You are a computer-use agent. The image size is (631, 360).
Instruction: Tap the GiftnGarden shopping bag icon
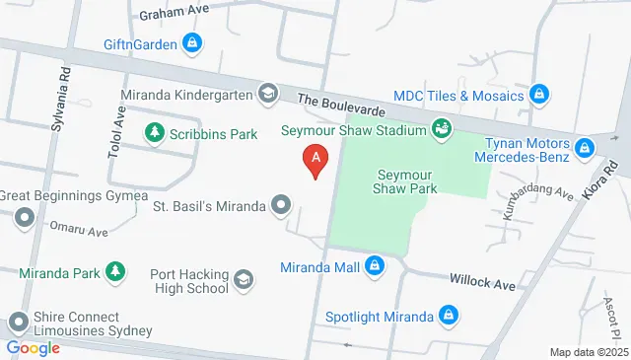coord(193,43)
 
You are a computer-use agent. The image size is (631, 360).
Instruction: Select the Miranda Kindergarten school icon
coord(266,95)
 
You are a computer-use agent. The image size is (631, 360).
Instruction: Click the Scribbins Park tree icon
coord(155,131)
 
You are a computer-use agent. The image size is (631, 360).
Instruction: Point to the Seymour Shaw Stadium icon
coord(443,129)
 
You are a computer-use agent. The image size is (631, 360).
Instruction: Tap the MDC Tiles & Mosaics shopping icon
coord(538,95)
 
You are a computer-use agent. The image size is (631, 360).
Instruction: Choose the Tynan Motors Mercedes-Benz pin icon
coord(585,148)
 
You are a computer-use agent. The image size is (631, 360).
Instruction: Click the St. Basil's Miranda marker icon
coord(281,206)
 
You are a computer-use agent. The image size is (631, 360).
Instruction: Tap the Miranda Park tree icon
coord(115,270)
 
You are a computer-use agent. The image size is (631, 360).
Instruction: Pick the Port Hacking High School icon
coord(244,281)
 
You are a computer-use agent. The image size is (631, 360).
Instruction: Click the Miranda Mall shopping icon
coord(375,265)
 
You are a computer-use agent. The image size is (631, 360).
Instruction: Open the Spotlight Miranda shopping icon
coord(449,316)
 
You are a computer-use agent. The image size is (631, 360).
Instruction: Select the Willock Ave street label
coord(483,284)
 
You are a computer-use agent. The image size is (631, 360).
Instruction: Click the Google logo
coord(34,347)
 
